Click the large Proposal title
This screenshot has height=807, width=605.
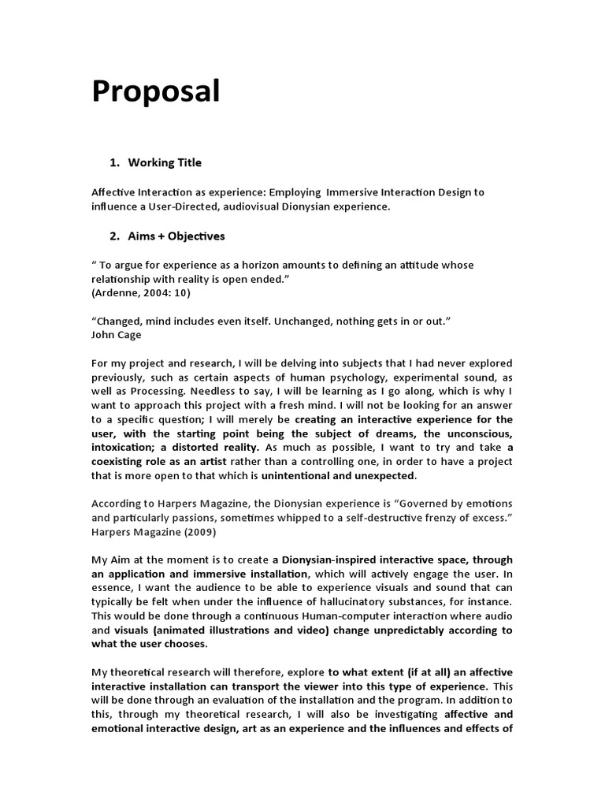[x=155, y=93]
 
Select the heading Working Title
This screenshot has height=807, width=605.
[x=165, y=162]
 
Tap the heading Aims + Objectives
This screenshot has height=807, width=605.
[x=176, y=236]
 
